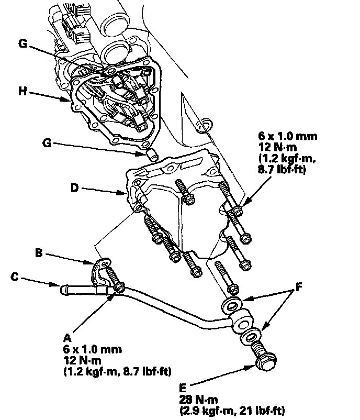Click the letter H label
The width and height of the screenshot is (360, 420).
21,91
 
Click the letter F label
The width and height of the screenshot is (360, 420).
299,287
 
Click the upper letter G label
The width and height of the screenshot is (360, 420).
22,44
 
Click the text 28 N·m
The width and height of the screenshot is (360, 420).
198,402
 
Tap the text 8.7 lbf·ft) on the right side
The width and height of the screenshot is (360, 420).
283,170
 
